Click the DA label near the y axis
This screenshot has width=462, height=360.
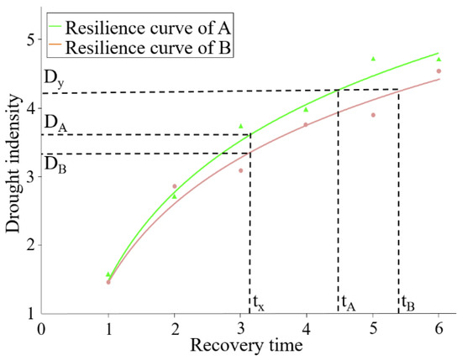[55, 123]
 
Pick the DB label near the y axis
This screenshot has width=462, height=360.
[55, 161]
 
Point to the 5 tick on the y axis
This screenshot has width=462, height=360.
[29, 39]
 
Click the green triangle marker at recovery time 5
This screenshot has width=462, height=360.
[373, 58]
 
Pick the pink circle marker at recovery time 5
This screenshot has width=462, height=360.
[373, 115]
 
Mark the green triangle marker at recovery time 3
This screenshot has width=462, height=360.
[241, 126]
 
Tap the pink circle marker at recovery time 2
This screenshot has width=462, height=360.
[175, 186]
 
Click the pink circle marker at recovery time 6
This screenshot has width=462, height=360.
[438, 71]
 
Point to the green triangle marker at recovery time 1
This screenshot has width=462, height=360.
[108, 274]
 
